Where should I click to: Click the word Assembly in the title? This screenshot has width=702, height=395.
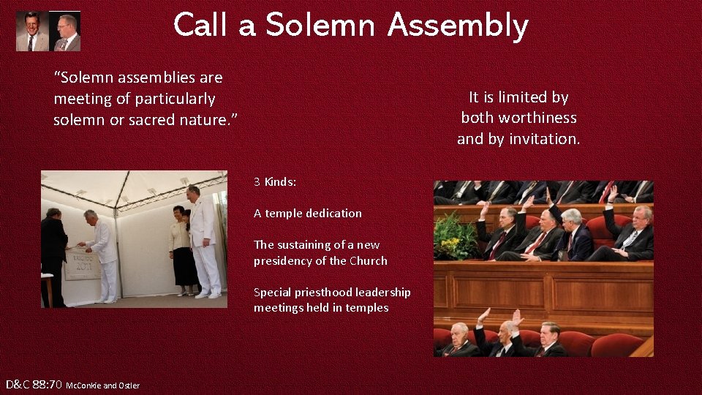click(458, 26)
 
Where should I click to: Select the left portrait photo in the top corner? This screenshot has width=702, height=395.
click(31, 31)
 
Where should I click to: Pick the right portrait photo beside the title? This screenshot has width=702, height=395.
click(67, 32)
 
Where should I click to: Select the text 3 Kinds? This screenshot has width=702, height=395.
click(275, 181)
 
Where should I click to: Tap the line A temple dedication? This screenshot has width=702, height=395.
click(307, 213)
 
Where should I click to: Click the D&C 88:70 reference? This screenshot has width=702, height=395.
click(34, 384)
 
